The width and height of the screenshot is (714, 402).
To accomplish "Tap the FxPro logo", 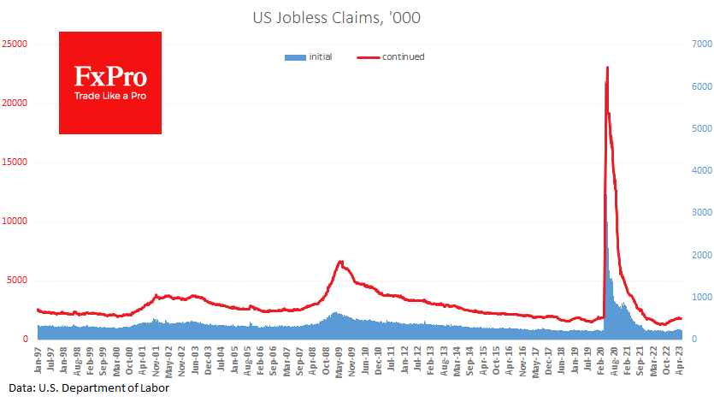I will [x=110, y=82].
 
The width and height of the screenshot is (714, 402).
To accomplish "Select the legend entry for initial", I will [x=309, y=56].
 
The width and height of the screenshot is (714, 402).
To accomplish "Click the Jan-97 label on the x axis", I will [x=38, y=360].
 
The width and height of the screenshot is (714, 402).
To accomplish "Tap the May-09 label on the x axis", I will [x=340, y=360].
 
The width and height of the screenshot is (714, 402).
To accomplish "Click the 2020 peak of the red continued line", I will [x=607, y=68].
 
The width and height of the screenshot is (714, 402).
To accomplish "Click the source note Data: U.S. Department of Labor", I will [x=84, y=388].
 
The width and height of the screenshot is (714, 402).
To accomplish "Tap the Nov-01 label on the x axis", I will [x=156, y=360].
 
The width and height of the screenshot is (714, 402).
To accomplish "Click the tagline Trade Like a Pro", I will [x=110, y=96].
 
